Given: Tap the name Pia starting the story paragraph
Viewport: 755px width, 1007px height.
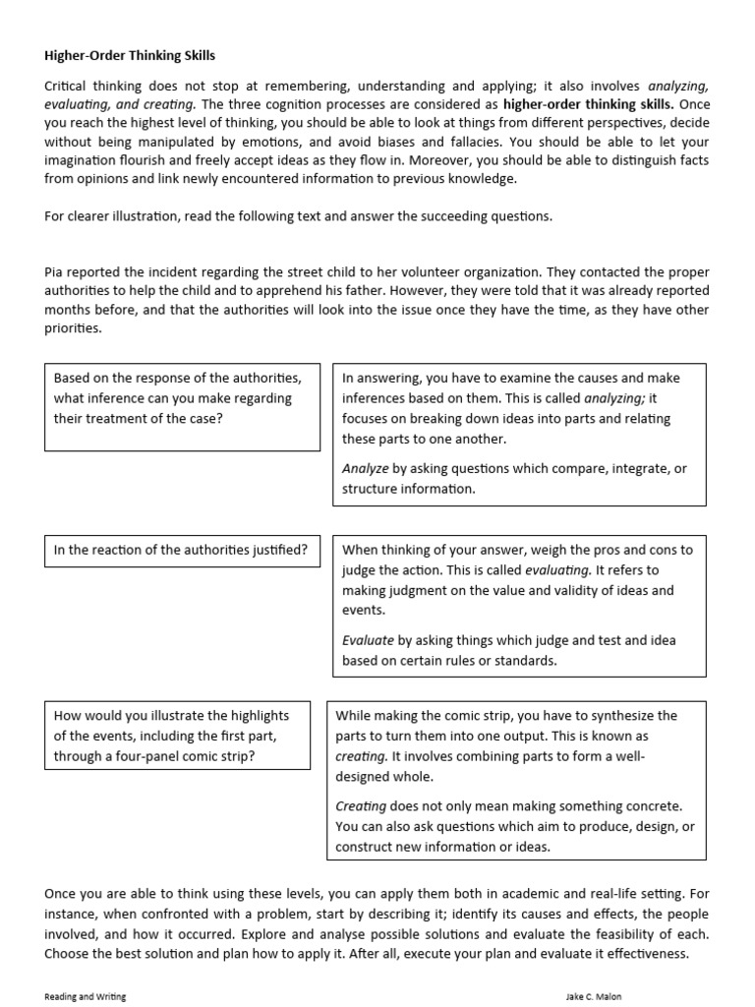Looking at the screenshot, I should coord(54,272).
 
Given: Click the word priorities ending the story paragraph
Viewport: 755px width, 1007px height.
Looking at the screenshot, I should coord(73,328).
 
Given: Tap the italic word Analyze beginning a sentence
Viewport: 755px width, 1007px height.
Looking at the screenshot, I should coord(365,469).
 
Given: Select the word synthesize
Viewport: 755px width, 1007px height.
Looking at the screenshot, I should coord(615,716).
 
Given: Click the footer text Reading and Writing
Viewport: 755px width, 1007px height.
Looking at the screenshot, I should coord(86,996).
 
